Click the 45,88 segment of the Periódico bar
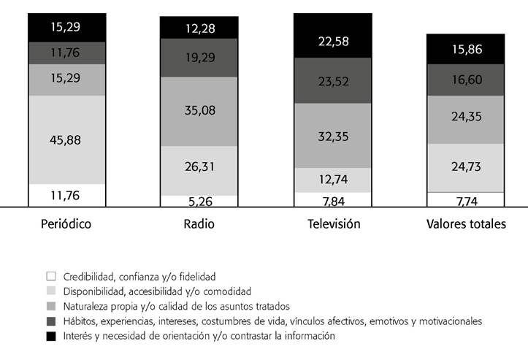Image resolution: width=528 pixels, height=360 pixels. [66, 139]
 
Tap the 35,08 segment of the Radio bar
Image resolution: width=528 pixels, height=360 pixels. [199, 112]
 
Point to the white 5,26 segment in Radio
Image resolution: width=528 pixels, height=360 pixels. [199, 201]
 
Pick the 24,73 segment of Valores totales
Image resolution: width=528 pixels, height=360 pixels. [466, 168]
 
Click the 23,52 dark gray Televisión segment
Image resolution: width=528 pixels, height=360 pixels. [332, 80]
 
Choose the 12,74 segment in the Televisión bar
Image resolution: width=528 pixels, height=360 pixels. [332, 180]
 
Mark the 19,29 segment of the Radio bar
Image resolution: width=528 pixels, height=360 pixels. [199, 58]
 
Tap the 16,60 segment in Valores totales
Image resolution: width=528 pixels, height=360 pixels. [466, 80]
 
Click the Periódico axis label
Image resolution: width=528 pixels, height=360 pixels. [66, 224]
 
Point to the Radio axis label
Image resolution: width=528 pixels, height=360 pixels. [199, 224]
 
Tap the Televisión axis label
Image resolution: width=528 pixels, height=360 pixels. [332, 224]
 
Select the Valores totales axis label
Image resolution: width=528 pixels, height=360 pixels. [466, 224]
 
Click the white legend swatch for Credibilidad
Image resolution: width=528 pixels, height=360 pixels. [50, 277]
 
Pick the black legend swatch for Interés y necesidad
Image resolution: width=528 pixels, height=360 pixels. [50, 336]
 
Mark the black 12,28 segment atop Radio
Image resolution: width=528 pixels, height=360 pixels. [199, 28]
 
